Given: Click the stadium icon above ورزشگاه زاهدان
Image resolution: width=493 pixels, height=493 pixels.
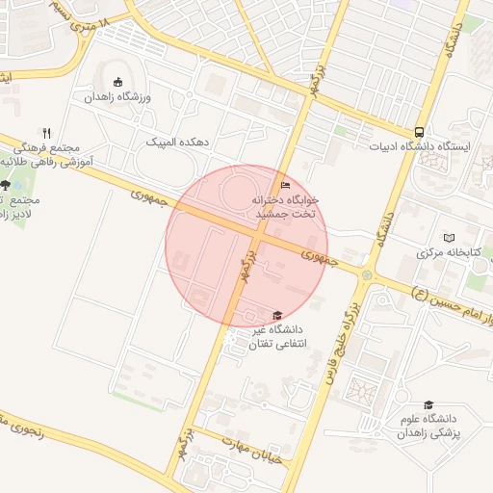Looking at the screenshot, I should point(117,82).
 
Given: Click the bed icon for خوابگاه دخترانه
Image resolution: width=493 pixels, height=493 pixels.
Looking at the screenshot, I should point(284,185).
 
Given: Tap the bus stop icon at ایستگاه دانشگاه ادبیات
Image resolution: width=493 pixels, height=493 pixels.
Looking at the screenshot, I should point(419,132).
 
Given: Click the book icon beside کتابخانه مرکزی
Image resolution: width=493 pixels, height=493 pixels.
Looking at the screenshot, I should point(449,237).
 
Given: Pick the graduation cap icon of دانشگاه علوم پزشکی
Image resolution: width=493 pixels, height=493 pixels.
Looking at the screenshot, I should point(428,404).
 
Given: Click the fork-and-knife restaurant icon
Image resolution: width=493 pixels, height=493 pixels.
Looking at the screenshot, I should point(46,133).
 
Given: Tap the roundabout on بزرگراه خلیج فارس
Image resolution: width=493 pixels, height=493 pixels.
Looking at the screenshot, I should point(366,275).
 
